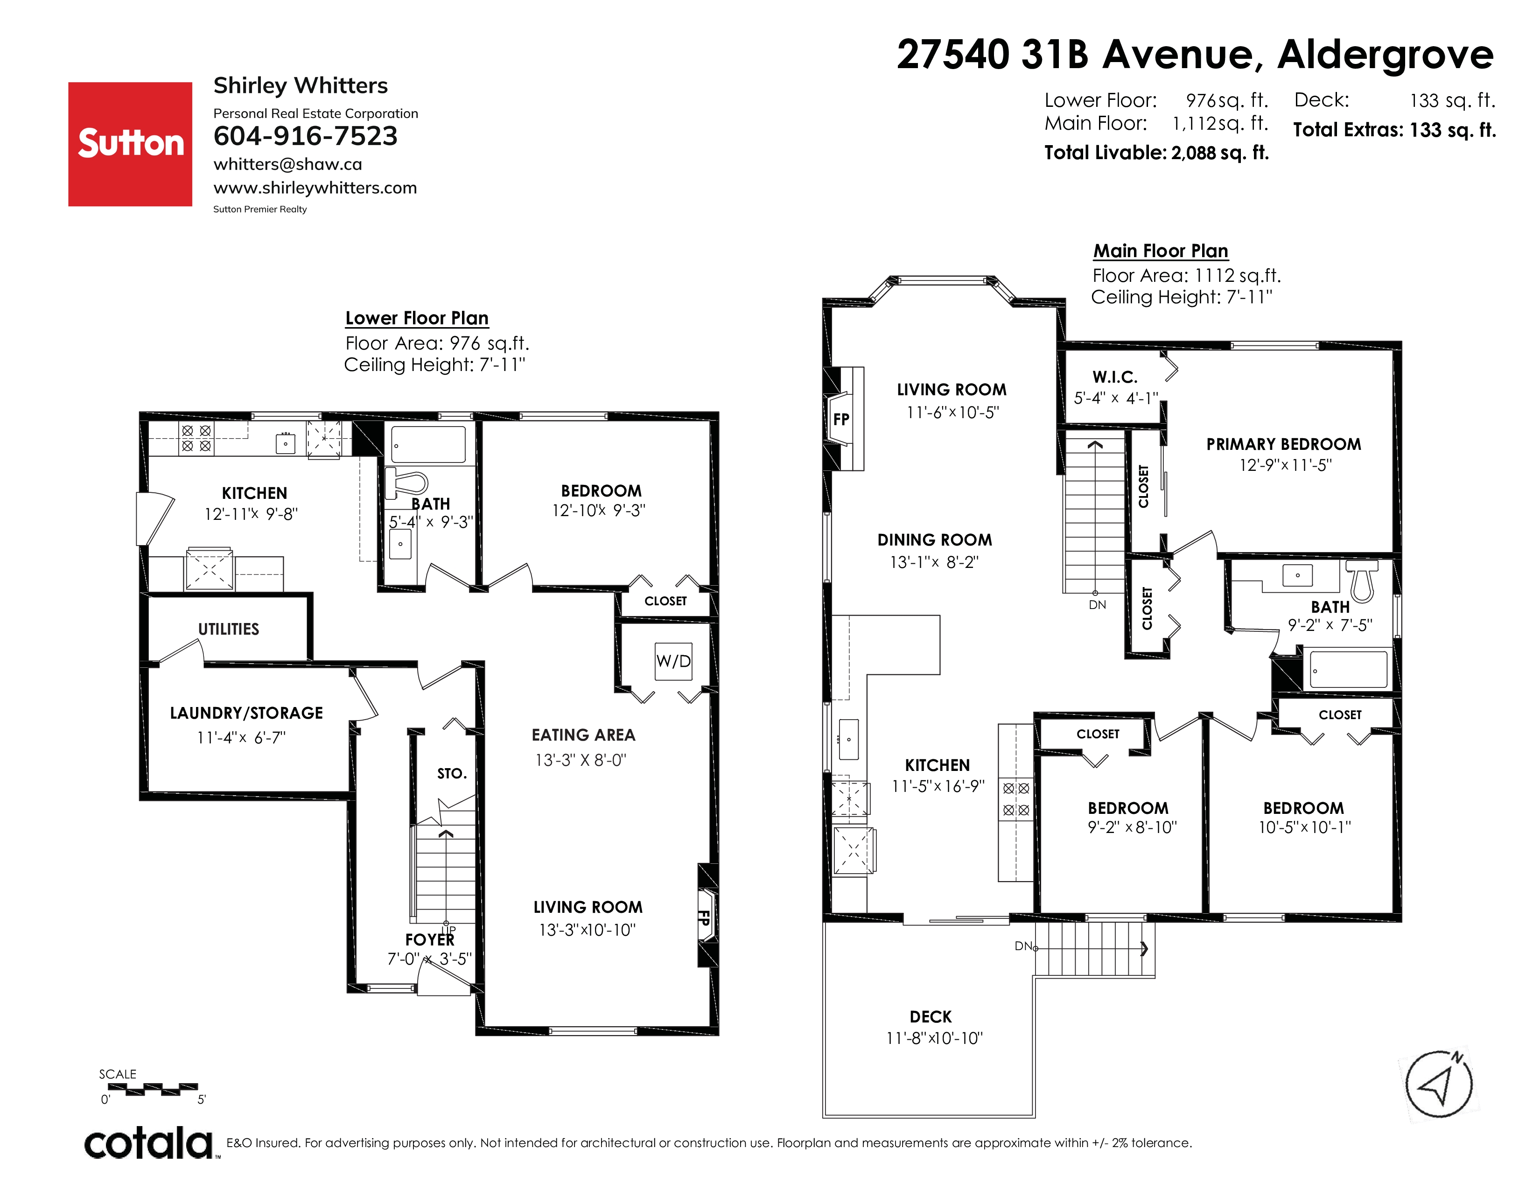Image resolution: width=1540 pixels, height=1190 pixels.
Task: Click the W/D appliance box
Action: coord(673,661)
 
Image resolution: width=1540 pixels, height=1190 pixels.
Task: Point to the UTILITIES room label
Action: coord(229,629)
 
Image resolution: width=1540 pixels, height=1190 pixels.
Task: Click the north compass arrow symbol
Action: coord(1438,1084)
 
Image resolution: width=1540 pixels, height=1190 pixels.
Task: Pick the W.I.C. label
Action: coord(1115,377)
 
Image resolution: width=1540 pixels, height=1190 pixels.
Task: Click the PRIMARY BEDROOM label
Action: coord(1283,444)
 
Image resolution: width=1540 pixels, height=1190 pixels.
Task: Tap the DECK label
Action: coord(931,1016)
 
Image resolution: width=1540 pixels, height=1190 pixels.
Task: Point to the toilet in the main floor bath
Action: coord(1362,580)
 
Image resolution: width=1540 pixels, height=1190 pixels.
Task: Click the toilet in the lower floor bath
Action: coord(407,483)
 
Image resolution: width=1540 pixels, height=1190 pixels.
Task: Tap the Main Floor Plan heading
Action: coord(1161,251)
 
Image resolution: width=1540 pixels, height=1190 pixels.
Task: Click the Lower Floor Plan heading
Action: coord(417,318)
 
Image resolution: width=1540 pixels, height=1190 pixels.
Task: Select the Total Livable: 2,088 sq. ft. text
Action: coord(1156,153)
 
